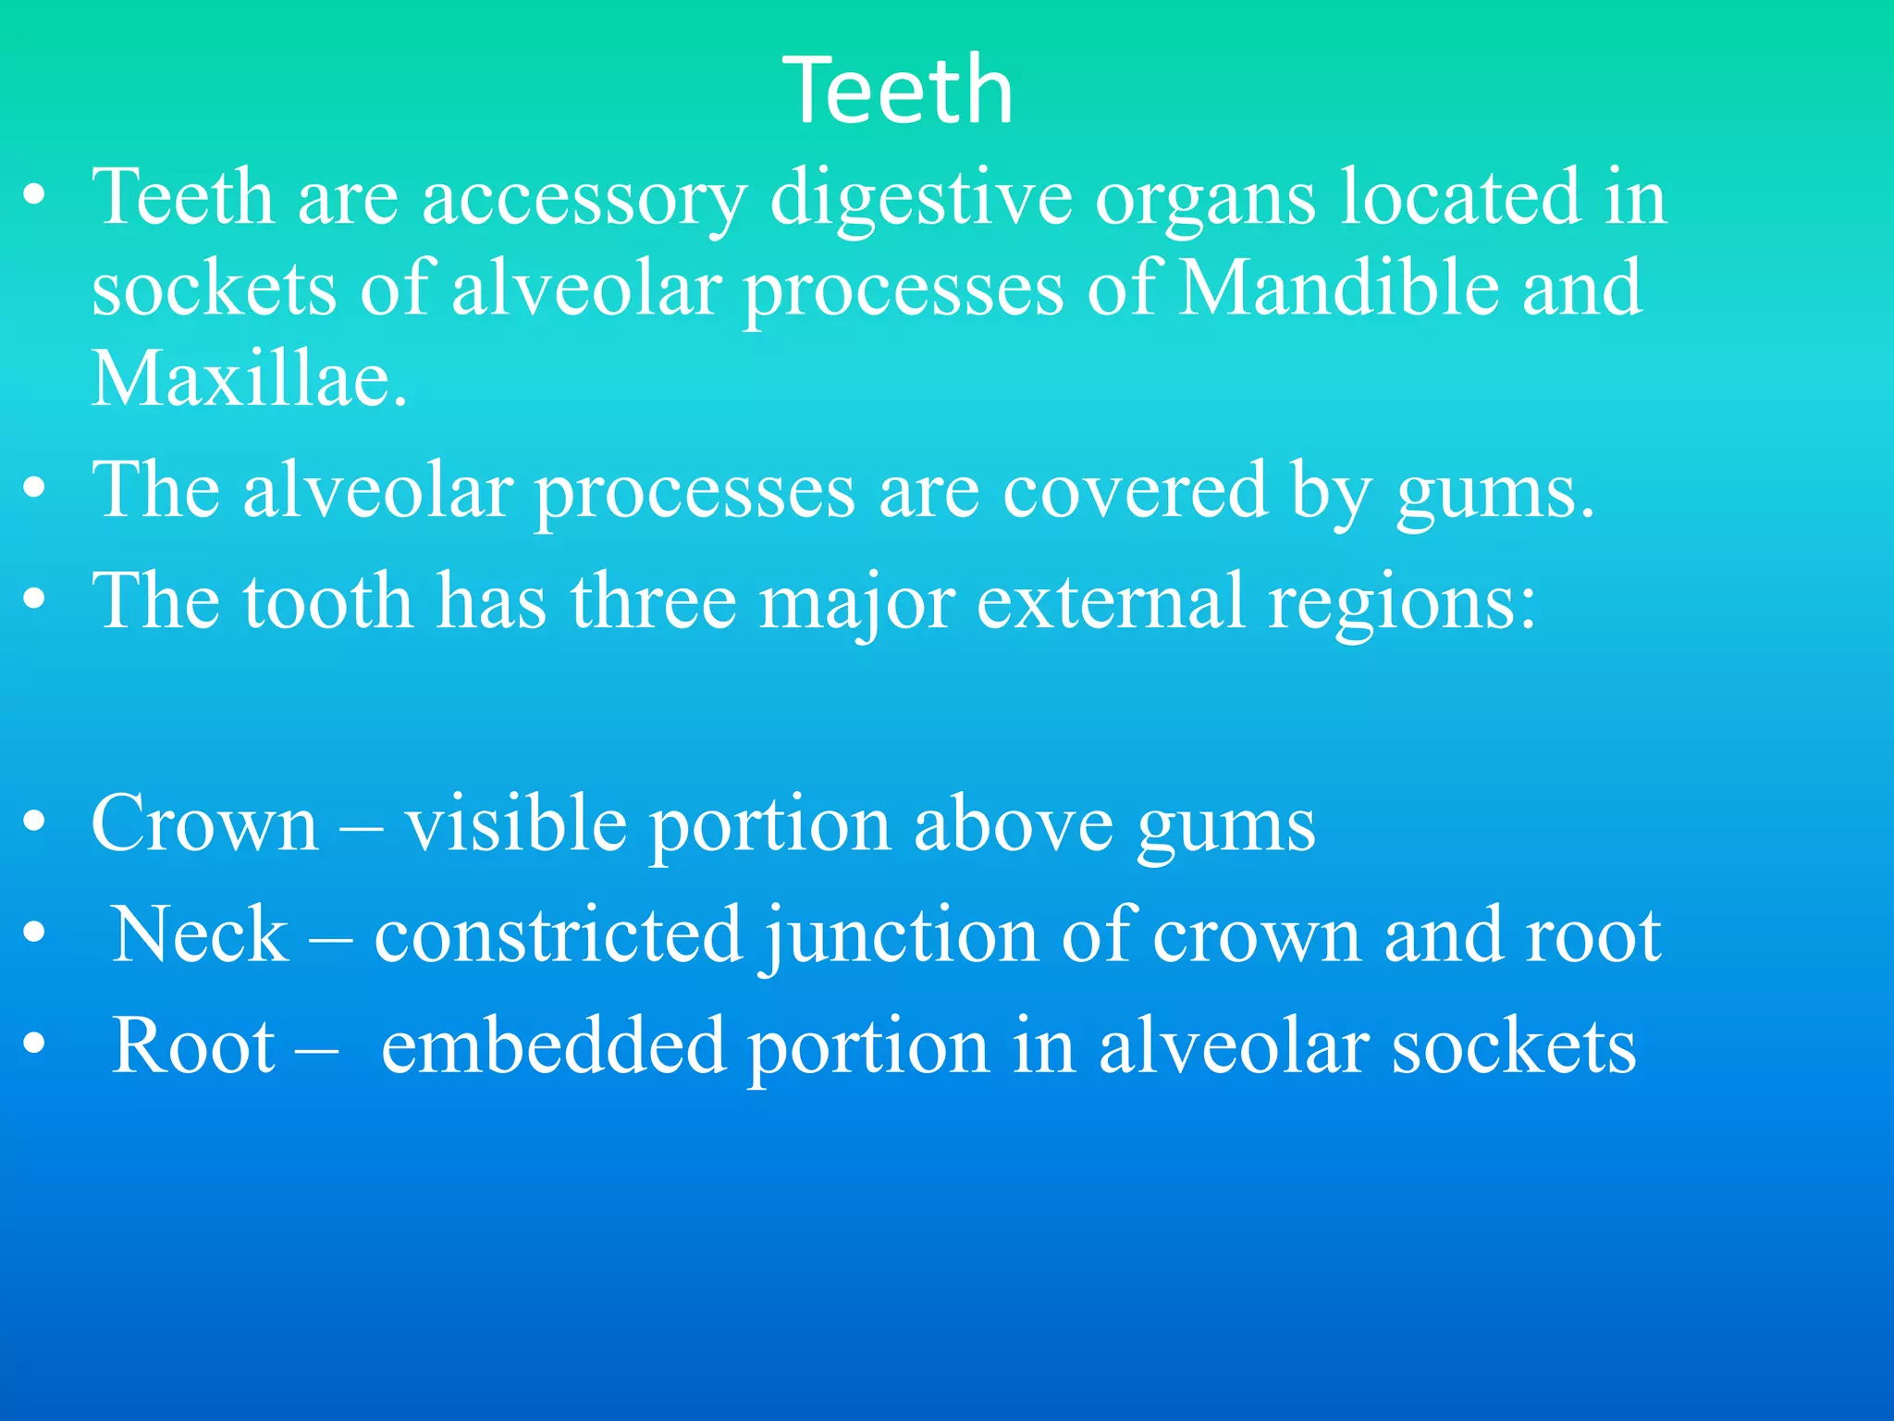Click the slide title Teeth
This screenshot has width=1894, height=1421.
pyautogui.click(x=898, y=90)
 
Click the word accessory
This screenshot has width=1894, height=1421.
pyautogui.click(x=584, y=197)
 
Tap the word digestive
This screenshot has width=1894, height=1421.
pyautogui.click(x=921, y=197)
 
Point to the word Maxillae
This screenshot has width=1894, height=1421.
pyautogui.click(x=248, y=379)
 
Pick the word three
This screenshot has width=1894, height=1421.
pyautogui.click(x=653, y=601)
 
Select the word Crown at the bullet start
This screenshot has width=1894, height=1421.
pyautogui.click(x=204, y=823)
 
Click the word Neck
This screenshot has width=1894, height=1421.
pyautogui.click(x=200, y=934)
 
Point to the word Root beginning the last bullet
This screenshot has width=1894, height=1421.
pyautogui.click(x=193, y=1045)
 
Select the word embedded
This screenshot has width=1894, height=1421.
pyautogui.click(x=553, y=1045)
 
